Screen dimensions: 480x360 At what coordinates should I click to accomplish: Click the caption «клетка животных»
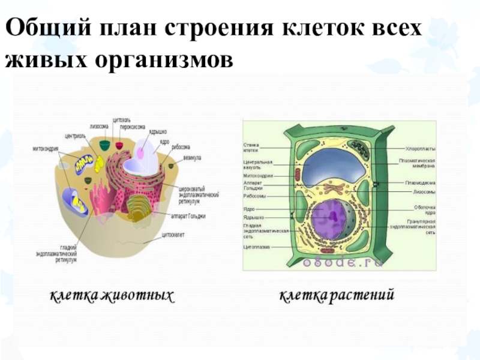112,295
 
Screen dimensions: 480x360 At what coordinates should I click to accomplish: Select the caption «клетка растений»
337,295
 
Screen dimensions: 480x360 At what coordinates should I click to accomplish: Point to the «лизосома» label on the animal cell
99,127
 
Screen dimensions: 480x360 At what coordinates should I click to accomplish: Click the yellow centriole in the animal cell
84,161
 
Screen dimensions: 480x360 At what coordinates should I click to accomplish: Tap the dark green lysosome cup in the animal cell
104,144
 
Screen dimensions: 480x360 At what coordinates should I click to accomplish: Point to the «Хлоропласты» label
420,148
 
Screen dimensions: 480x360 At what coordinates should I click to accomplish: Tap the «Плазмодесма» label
420,182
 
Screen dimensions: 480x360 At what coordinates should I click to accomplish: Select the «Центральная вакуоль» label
257,164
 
